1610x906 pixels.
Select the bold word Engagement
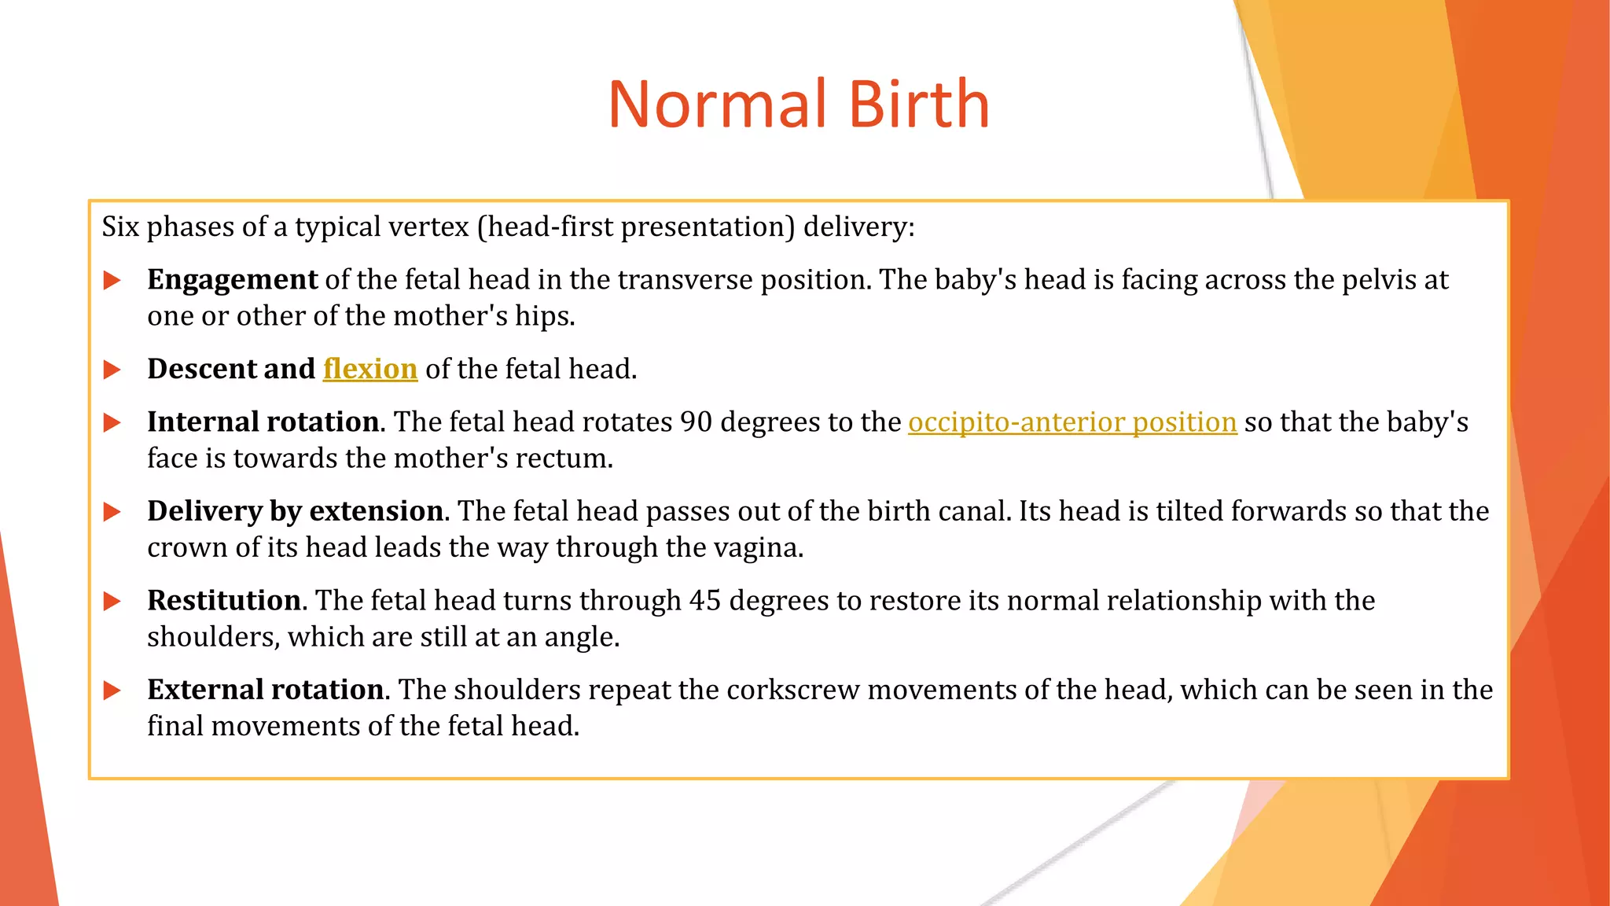(x=232, y=280)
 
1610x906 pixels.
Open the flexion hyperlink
(x=369, y=369)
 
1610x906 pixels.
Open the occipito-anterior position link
(x=1072, y=422)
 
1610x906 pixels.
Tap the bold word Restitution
(x=224, y=601)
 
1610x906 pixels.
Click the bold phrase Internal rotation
(x=263, y=422)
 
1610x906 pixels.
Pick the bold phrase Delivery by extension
(x=295, y=511)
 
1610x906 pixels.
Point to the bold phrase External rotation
(x=266, y=690)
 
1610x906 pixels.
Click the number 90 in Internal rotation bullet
(x=696, y=422)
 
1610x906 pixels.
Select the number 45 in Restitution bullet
(x=705, y=601)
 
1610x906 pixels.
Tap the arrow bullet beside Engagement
(x=112, y=281)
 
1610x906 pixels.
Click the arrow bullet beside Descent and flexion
(x=112, y=370)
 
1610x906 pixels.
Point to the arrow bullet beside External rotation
(x=112, y=691)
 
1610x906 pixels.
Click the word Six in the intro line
(x=120, y=227)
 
